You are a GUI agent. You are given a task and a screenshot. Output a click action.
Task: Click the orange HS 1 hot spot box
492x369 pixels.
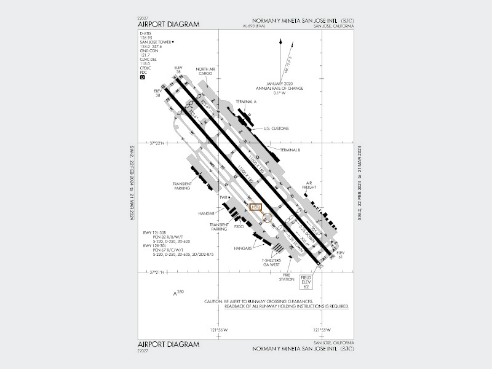(x=256, y=207)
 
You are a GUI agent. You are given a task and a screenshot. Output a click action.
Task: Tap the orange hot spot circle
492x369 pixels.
(x=266, y=217)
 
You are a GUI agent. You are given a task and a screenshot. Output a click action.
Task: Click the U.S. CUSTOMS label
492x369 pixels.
(x=276, y=129)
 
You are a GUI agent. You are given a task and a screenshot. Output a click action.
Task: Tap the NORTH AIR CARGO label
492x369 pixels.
(x=205, y=71)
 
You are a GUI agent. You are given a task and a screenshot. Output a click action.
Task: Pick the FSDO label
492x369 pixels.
(x=240, y=226)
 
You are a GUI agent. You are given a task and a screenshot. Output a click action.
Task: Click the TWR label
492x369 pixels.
(x=224, y=197)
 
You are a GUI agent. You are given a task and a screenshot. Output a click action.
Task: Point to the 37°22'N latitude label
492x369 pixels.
(x=159, y=143)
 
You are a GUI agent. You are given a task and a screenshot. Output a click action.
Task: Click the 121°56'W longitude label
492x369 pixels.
(x=219, y=330)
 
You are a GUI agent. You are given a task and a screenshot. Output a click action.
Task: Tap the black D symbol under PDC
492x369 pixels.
(x=143, y=77)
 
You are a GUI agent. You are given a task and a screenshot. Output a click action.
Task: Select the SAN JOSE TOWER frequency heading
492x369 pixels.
(x=156, y=42)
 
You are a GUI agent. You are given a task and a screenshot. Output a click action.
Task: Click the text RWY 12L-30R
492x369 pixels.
(x=156, y=232)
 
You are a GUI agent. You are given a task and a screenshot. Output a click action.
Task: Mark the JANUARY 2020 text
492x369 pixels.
(x=280, y=82)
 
